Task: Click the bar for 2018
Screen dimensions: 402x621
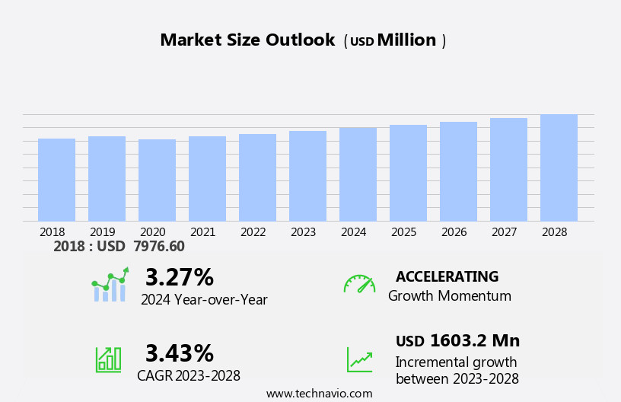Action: (56, 180)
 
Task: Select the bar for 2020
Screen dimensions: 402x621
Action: (157, 180)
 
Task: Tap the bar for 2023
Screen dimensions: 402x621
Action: (307, 176)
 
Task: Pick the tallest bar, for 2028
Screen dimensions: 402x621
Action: (559, 167)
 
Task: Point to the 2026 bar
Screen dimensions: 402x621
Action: (458, 171)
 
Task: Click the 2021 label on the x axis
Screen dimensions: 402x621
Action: (207, 231)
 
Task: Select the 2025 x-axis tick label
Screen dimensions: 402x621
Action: (408, 231)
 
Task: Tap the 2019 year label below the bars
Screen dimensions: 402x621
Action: (107, 231)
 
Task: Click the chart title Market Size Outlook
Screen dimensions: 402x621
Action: (247, 40)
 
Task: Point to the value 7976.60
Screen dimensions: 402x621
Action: (159, 246)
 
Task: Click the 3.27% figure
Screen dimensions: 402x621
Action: (179, 277)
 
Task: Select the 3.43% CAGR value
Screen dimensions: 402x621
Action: (179, 353)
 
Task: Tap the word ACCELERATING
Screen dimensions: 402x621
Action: (447, 276)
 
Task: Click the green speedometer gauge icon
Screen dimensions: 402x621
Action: (359, 284)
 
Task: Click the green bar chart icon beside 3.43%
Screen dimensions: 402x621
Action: (108, 359)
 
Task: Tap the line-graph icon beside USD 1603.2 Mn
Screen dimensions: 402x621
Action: (359, 359)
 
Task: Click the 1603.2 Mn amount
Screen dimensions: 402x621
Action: (474, 340)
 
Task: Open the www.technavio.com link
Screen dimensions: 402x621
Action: (319, 394)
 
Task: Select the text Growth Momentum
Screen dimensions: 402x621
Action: (449, 296)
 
